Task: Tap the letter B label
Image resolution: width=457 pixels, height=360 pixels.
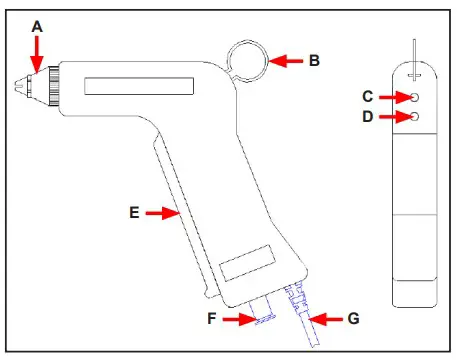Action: pos(314,61)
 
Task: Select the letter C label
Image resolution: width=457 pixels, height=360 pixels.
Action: pos(367,96)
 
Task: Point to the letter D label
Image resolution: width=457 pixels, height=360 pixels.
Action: pos(367,117)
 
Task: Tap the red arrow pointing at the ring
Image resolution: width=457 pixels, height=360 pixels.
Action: pos(286,61)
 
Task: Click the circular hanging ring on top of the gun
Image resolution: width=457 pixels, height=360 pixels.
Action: pos(246,61)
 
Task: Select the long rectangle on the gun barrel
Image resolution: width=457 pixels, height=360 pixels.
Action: pos(133,88)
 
